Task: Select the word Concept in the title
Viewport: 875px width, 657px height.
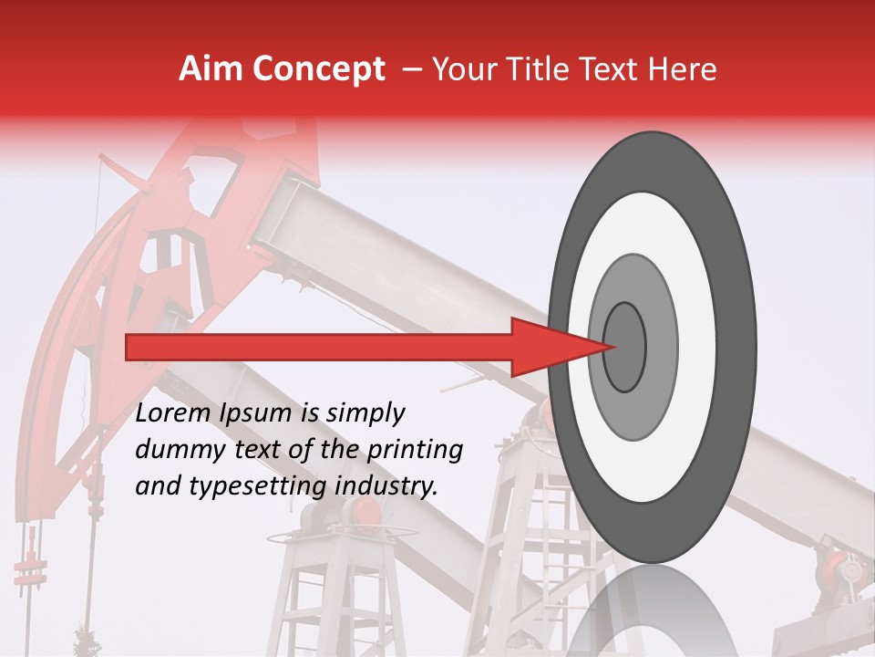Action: (318, 69)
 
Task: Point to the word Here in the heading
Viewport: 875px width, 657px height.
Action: (682, 69)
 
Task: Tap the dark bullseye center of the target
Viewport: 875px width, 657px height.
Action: (625, 348)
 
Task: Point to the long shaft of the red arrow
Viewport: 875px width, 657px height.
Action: (319, 348)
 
